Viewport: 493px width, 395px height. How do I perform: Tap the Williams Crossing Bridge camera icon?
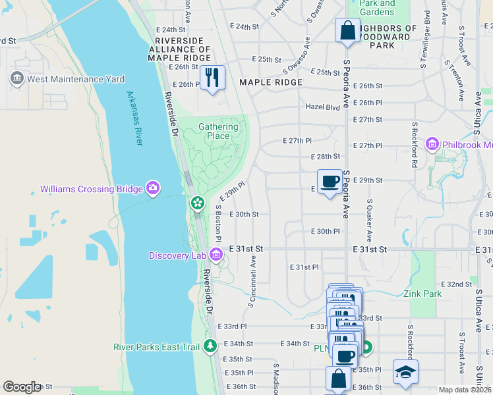click(x=153, y=189)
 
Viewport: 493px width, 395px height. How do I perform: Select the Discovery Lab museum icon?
click(x=216, y=255)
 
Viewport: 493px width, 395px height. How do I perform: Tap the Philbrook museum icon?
click(x=432, y=144)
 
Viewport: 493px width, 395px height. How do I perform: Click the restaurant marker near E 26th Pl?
click(x=212, y=78)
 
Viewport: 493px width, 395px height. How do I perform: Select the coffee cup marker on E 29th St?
click(x=330, y=181)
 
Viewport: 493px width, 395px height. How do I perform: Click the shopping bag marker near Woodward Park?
click(x=347, y=30)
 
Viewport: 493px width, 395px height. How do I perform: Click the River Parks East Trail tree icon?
click(x=210, y=346)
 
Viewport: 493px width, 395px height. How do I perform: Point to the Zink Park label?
click(x=423, y=294)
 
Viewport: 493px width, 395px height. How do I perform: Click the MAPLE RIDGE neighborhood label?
click(x=270, y=82)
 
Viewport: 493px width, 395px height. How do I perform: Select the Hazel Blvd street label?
click(x=322, y=106)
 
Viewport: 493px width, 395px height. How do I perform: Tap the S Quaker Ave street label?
click(x=368, y=220)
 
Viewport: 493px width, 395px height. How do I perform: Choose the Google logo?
click(x=22, y=387)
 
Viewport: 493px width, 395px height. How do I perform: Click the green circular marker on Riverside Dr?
click(x=196, y=203)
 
